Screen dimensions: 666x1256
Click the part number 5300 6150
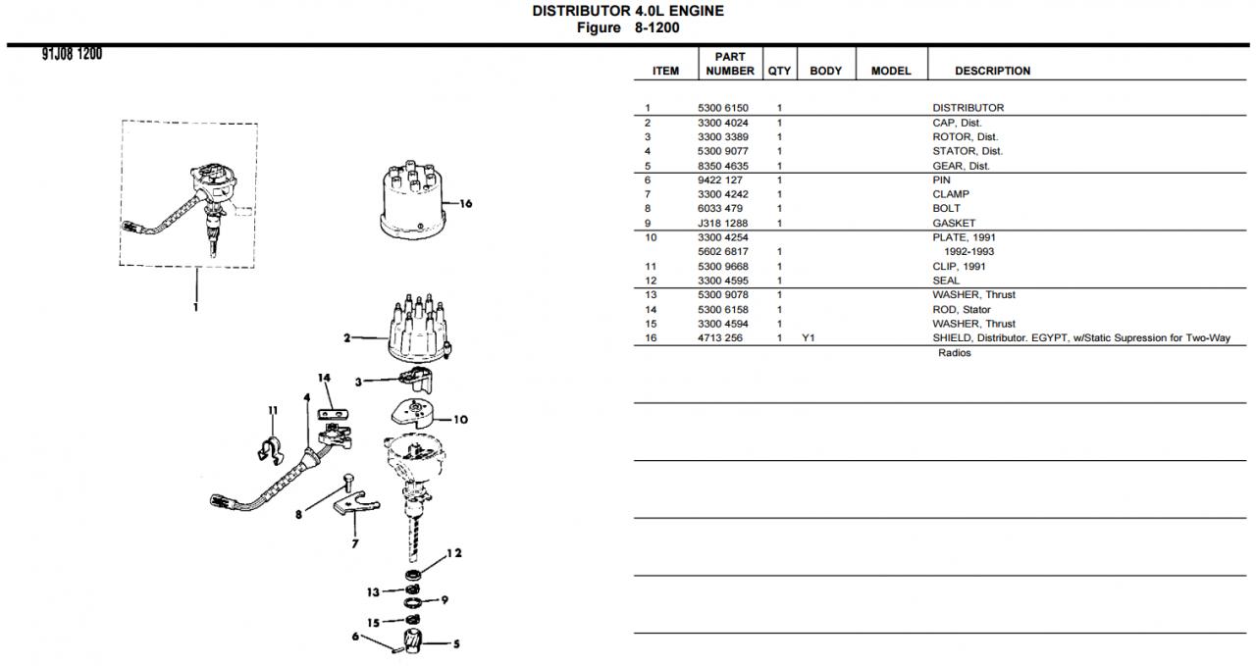[x=722, y=108]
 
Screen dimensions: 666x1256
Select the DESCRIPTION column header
[x=992, y=72]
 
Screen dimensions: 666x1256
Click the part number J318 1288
[x=722, y=224]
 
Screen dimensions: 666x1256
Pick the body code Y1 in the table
[x=809, y=338]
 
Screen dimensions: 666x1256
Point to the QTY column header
[x=779, y=72]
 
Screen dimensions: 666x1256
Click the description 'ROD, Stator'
[x=961, y=310]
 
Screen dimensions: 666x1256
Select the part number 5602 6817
[x=722, y=252]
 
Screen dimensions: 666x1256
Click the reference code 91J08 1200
[x=72, y=54]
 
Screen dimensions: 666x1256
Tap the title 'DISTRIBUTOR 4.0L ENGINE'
[x=628, y=11]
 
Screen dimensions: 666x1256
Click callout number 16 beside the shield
[x=465, y=204]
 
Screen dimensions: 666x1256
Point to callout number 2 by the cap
[x=346, y=339]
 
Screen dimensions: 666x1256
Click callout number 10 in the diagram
[x=460, y=420]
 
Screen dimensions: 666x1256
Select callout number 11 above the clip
[x=273, y=410]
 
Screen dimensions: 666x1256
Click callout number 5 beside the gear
[x=455, y=644]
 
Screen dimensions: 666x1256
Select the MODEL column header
[x=891, y=72]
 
